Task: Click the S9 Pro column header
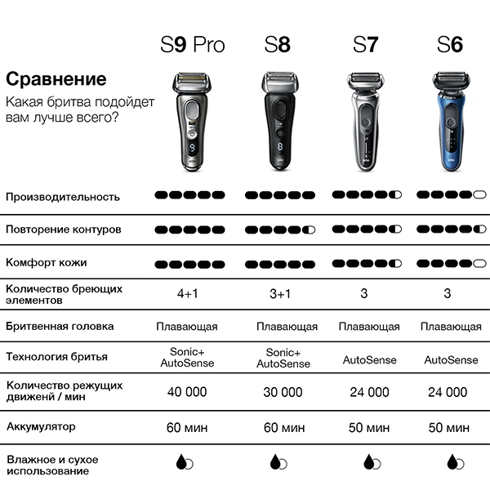pos(192,44)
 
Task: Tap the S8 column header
pos(277,44)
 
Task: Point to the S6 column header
pos(449,44)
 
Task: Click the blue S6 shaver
pos(449,122)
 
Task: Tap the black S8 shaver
pos(278,122)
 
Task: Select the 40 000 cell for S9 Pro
pos(187,392)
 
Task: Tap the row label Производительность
pos(63,197)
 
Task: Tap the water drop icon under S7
pos(368,461)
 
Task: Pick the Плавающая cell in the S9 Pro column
pos(187,327)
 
